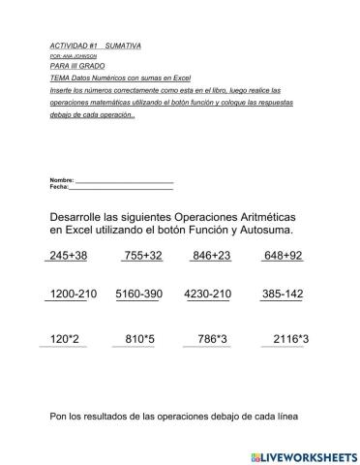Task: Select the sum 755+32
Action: (x=142, y=256)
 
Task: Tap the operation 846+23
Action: (x=211, y=256)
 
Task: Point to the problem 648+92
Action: (x=283, y=256)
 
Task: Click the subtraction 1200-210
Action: (x=73, y=294)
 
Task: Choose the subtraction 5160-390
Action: (x=138, y=294)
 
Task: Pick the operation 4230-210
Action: (x=207, y=294)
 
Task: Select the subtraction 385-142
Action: (x=283, y=294)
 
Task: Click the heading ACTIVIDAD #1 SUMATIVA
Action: (x=95, y=46)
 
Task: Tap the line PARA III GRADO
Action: (x=75, y=65)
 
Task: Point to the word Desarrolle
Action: (x=83, y=215)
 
